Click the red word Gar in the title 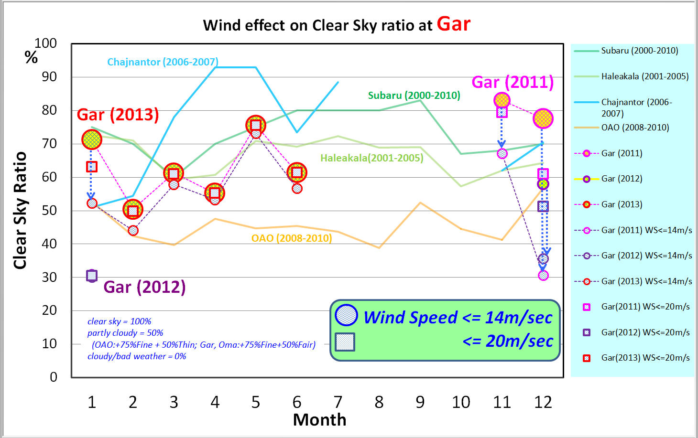[x=453, y=24]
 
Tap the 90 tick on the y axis [x=49, y=76]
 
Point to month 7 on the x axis [x=338, y=402]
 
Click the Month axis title [x=319, y=420]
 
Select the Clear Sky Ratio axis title [x=20, y=210]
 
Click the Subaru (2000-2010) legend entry [x=639, y=51]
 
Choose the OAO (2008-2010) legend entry [x=635, y=128]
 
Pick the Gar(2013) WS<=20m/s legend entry [x=645, y=358]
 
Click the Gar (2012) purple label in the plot [x=144, y=287]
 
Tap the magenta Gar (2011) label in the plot [x=513, y=82]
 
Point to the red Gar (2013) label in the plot [x=118, y=115]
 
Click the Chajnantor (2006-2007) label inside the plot [x=163, y=62]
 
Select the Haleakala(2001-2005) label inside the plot [x=371, y=158]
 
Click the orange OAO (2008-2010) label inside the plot [x=292, y=238]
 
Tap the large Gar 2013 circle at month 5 [x=256, y=125]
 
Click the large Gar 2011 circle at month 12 [x=543, y=118]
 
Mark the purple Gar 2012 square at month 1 [x=92, y=276]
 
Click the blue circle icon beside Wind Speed [x=346, y=315]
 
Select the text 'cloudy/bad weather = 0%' [x=137, y=356]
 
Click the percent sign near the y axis [x=31, y=57]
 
